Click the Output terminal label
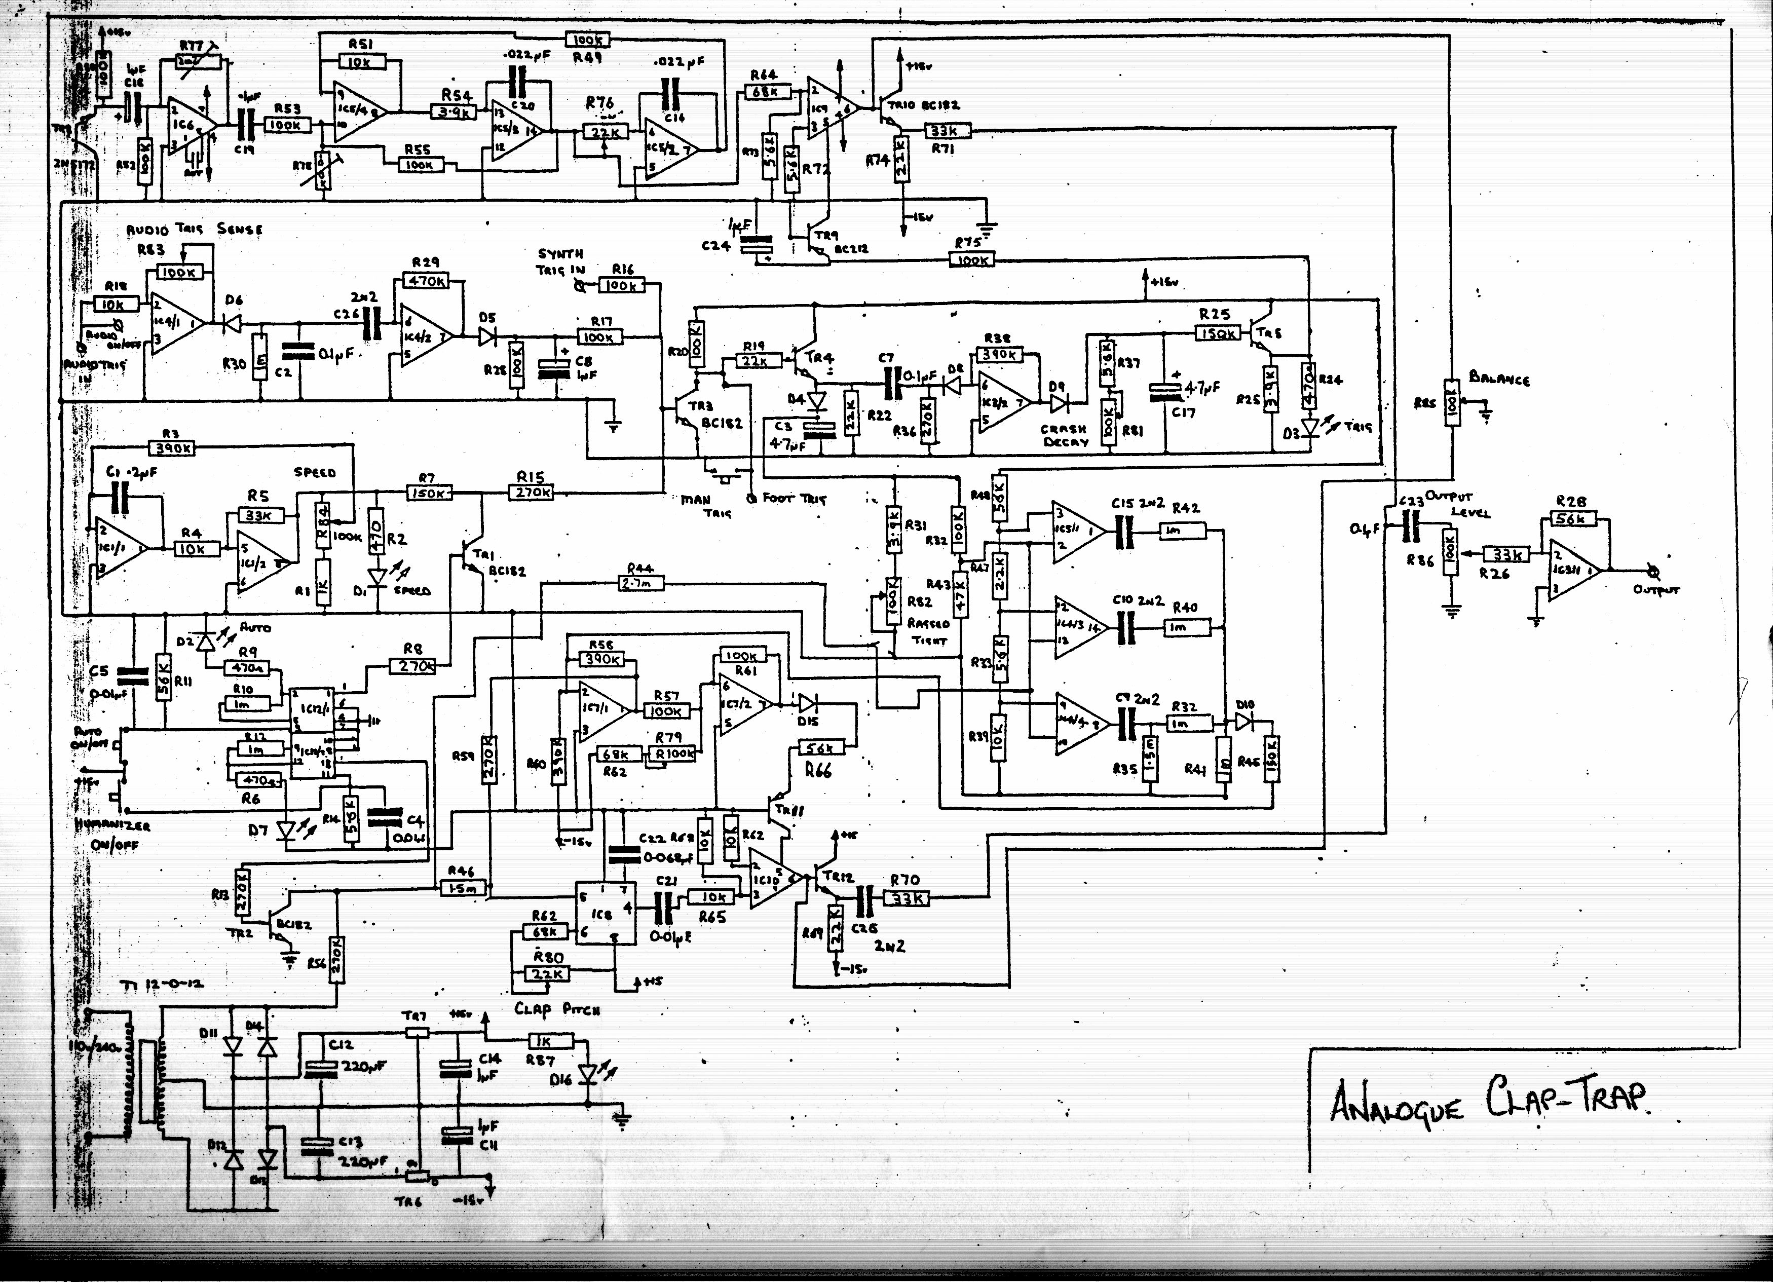pyautogui.click(x=1656, y=590)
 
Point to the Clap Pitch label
pyautogui.click(x=556, y=1009)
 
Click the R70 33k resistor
pyautogui.click(x=907, y=899)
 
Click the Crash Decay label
pyautogui.click(x=1064, y=435)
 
